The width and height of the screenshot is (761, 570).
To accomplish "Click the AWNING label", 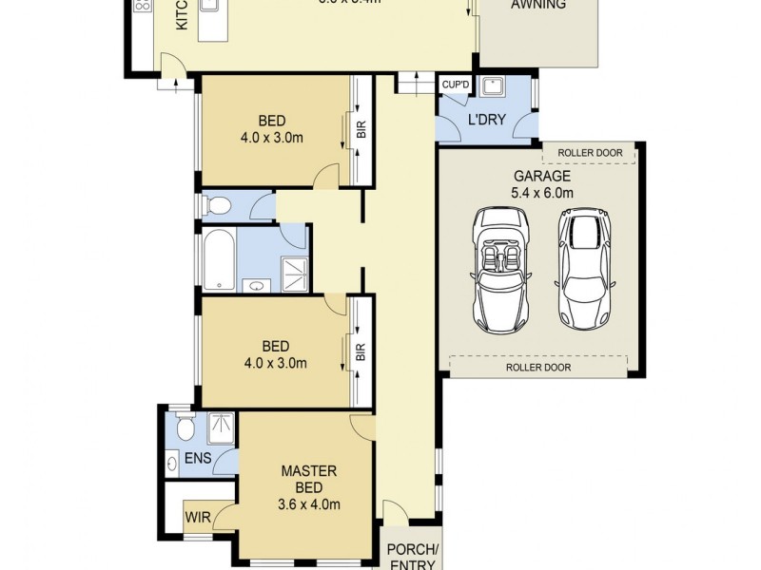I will coord(538,5).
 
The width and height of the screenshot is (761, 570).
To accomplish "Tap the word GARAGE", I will coord(541,176).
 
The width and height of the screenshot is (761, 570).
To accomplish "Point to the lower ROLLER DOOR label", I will coord(538,367).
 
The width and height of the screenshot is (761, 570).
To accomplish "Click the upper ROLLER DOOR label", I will coord(590,152).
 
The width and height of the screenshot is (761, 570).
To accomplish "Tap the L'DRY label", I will coord(485,121).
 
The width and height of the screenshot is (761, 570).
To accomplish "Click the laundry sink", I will coord(492,88).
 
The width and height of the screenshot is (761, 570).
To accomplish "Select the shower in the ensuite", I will coord(221,427).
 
